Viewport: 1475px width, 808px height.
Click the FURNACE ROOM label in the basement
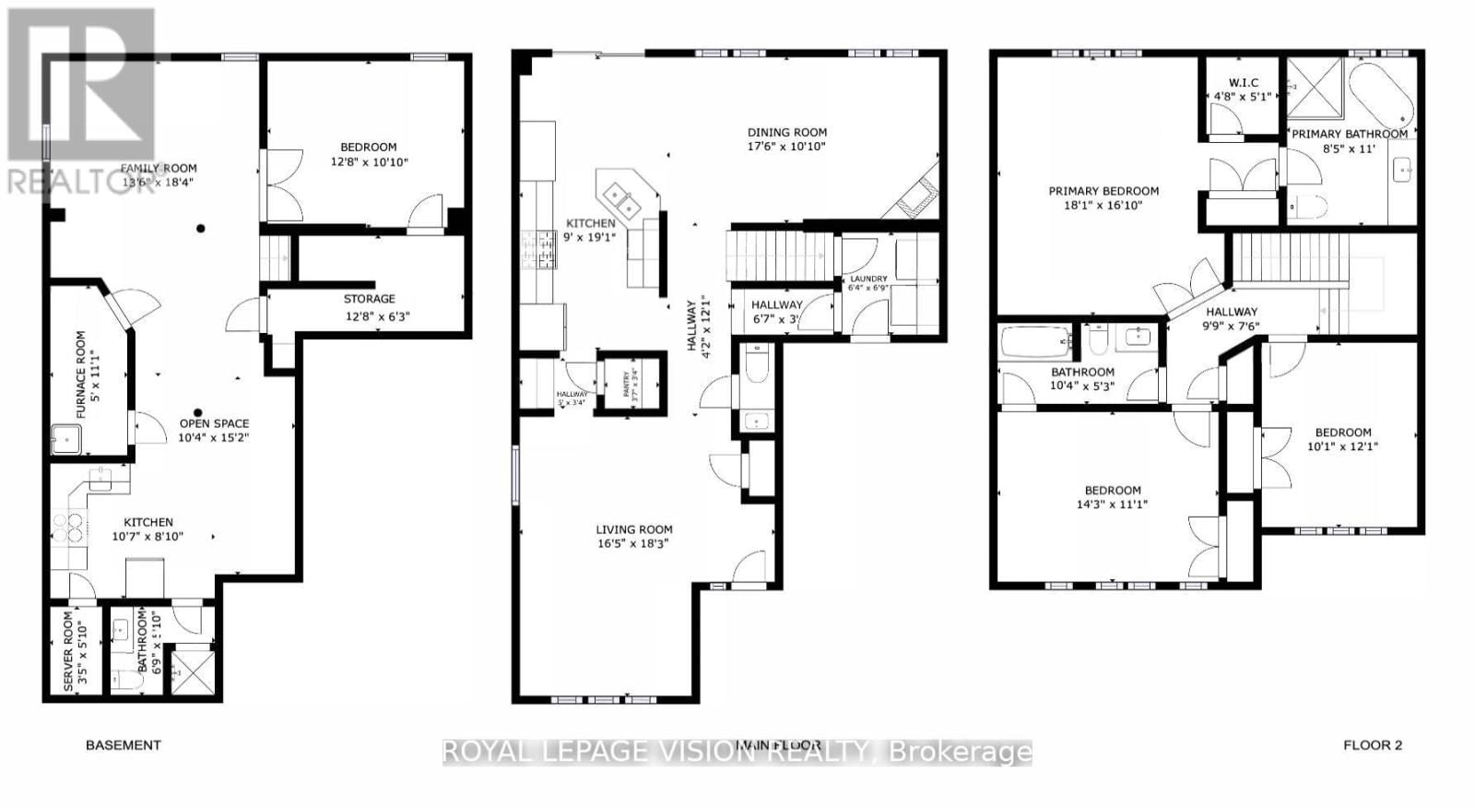pyautogui.click(x=80, y=374)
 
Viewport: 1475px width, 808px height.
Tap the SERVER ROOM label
pyautogui.click(x=68, y=650)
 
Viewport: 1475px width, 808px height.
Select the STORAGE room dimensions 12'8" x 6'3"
pyautogui.click(x=376, y=316)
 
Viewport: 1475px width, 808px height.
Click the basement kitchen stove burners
pyautogui.click(x=68, y=527)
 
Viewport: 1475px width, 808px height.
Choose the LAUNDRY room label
pyautogui.click(x=868, y=279)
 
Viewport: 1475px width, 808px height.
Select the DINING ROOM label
pyautogui.click(x=786, y=132)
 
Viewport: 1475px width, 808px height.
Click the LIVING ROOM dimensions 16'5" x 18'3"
pyautogui.click(x=633, y=544)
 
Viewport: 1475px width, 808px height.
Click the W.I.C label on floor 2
pyautogui.click(x=1243, y=83)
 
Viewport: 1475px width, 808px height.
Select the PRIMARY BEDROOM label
pyautogui.click(x=1103, y=191)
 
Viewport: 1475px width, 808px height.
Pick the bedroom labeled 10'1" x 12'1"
pyautogui.click(x=1342, y=439)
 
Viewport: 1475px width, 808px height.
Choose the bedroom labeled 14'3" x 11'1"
pyautogui.click(x=1112, y=497)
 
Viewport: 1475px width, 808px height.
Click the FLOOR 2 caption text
pyautogui.click(x=1372, y=745)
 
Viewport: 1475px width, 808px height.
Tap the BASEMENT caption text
pyautogui.click(x=123, y=745)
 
